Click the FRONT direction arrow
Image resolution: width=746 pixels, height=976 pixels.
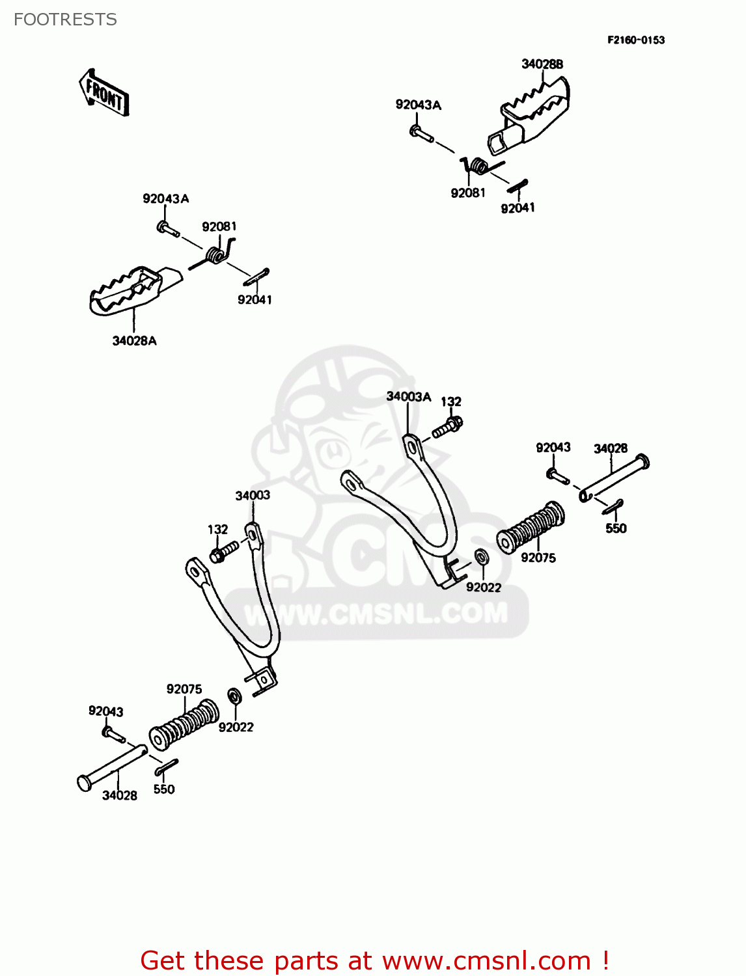[104, 93]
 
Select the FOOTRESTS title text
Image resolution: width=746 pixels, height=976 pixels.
[65, 20]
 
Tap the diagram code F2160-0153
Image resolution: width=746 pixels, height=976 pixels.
[636, 40]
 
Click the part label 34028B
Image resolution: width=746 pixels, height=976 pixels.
[542, 64]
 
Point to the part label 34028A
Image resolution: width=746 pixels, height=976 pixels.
[134, 341]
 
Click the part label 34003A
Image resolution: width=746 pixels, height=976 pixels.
[408, 397]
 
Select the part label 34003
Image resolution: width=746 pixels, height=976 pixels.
[253, 496]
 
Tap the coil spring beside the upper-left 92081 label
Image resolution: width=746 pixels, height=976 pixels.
[215, 254]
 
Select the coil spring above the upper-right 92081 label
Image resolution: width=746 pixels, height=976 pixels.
[478, 166]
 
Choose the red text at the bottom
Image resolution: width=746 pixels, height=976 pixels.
[375, 961]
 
